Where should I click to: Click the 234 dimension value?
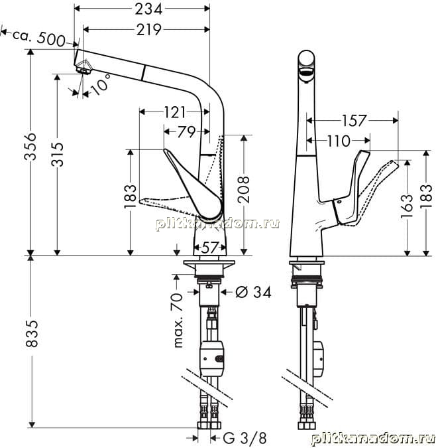click(148, 9)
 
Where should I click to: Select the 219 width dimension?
click(148, 29)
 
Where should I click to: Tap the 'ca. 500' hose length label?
click(39, 38)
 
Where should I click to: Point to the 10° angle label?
click(101, 84)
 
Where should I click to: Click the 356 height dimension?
click(30, 146)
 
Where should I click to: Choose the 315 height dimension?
click(57, 154)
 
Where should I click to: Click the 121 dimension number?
click(174, 112)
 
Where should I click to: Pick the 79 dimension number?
click(186, 131)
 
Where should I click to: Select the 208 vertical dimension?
click(243, 189)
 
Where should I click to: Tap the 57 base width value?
click(209, 248)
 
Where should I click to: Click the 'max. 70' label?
click(178, 321)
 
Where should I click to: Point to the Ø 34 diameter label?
click(253, 292)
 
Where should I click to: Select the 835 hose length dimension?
click(31, 333)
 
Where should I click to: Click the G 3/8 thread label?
click(245, 438)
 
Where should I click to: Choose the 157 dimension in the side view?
click(354, 121)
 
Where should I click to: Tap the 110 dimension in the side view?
click(338, 141)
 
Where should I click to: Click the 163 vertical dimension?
click(407, 206)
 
